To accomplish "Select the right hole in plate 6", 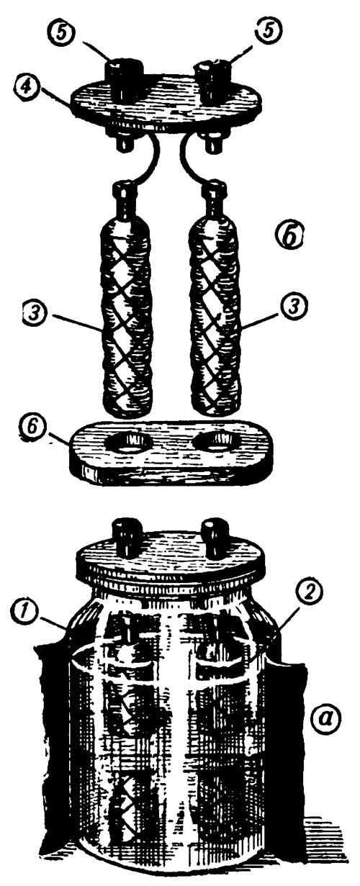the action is coord(215,441).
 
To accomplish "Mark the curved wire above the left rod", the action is coord(153,158).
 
